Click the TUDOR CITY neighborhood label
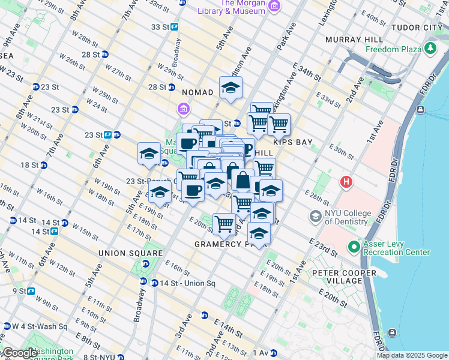pyautogui.click(x=416, y=28)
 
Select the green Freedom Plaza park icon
pyautogui.click(x=430, y=48)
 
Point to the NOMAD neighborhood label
pyautogui.click(x=197, y=92)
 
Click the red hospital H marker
pyautogui.click(x=346, y=181)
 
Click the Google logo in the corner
pyautogui.click(x=19, y=353)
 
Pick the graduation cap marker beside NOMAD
pyautogui.click(x=230, y=89)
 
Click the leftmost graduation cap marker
pyautogui.click(x=149, y=154)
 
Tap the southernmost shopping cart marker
pyautogui.click(x=224, y=224)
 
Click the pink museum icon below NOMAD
pyautogui.click(x=183, y=109)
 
